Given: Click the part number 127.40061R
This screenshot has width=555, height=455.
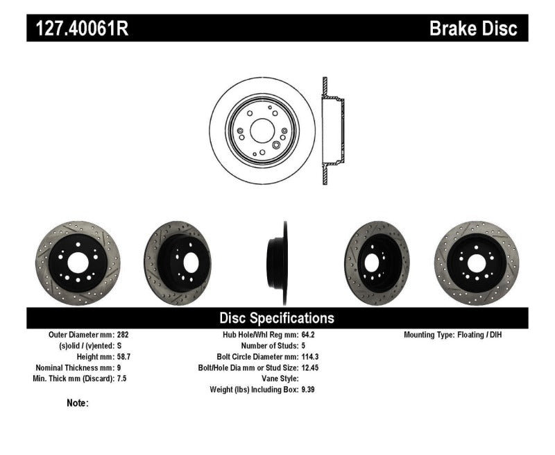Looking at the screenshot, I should [x=77, y=28].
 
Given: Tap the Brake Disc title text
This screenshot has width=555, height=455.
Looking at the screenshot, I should [x=473, y=28].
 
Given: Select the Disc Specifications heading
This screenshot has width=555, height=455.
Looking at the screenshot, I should [x=277, y=318].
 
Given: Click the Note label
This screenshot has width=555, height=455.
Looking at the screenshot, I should [x=77, y=402].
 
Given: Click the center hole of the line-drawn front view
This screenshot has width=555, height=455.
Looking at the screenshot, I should [x=262, y=130].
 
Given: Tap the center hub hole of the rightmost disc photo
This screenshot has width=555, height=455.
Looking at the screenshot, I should [x=477, y=262].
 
